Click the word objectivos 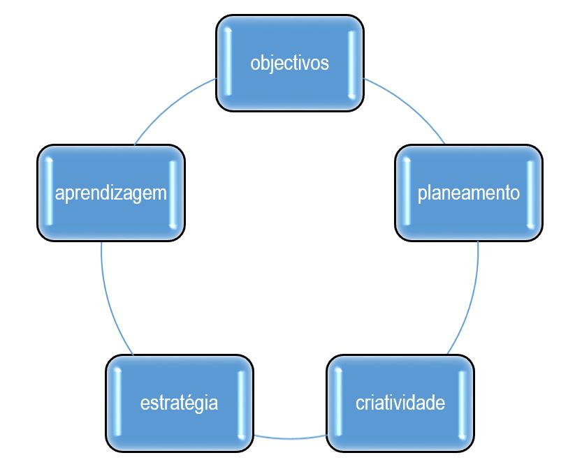(x=290, y=63)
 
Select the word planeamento (x=469, y=193)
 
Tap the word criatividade (x=400, y=403)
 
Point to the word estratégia (x=179, y=403)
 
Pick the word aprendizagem (x=111, y=193)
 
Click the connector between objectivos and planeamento (x=408, y=105)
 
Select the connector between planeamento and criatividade (x=470, y=301)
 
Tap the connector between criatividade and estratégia (x=290, y=438)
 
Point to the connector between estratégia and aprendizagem (x=109, y=301)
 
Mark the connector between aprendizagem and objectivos (x=172, y=105)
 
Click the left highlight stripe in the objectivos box (x=228, y=61)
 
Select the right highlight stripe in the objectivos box (x=351, y=65)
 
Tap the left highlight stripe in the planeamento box (x=407, y=192)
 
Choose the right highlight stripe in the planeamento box (x=530, y=195)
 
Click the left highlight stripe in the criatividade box (x=338, y=402)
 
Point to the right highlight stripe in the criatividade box (x=462, y=405)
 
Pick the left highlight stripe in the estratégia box (x=117, y=402)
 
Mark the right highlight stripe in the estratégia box (x=241, y=405)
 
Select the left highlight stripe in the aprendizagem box (x=49, y=192)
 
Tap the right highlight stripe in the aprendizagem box (x=173, y=195)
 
